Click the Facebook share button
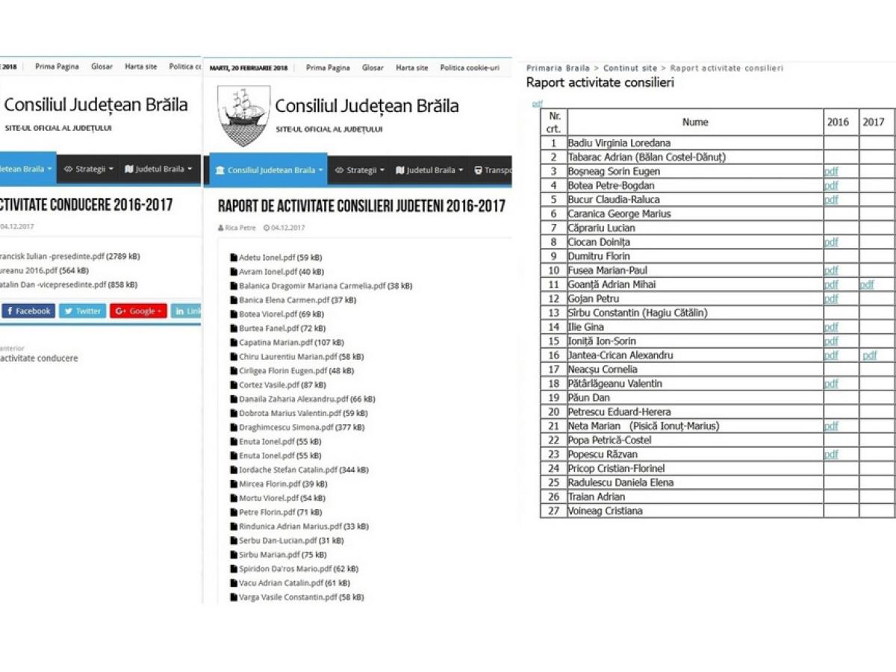point(28,311)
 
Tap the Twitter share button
point(82,311)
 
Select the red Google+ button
point(138,311)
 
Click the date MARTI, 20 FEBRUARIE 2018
point(249,68)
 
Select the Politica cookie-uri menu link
point(469,68)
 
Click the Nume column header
point(694,122)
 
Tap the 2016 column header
point(838,122)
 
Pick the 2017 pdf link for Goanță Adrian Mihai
point(866,285)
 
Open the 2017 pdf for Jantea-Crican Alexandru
point(869,356)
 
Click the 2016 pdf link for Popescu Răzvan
point(831,455)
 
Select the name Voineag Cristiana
point(605,511)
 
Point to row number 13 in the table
point(553,314)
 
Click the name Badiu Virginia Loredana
point(619,143)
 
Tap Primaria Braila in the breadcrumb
point(557,69)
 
